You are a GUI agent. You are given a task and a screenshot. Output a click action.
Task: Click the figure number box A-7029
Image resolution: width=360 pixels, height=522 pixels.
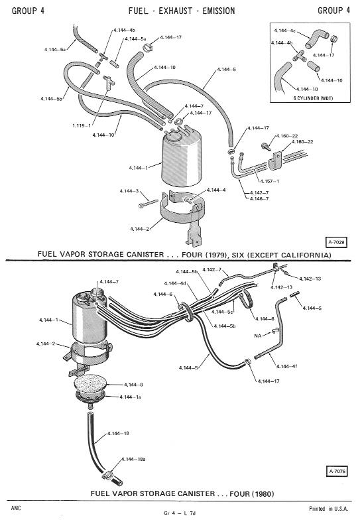coord(336,242)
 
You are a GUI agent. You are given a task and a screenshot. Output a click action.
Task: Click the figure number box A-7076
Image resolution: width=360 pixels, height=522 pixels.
coord(337,471)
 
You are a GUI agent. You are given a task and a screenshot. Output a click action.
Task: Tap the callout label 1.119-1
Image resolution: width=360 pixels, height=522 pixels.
coord(82,125)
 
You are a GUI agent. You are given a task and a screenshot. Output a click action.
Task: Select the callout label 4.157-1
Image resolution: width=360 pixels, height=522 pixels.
coord(269,181)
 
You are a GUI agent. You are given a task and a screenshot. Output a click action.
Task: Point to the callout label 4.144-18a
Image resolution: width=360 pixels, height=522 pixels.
coord(133,459)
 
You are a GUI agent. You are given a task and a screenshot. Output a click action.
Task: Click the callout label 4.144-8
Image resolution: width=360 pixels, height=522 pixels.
coord(133,385)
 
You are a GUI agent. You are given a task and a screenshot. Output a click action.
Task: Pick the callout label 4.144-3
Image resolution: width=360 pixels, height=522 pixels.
coord(129,191)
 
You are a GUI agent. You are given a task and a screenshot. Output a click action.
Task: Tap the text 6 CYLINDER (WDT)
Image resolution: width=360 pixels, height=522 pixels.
coord(313,98)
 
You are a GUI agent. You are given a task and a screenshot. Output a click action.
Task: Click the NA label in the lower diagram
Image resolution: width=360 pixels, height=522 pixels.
coord(257,336)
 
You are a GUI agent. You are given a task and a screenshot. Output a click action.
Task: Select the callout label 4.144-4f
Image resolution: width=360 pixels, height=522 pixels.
coord(286,366)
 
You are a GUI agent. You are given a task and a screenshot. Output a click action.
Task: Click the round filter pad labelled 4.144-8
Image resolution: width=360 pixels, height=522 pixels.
coord(90,384)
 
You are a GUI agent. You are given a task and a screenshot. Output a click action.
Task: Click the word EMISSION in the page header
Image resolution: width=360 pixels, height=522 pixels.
coord(219,11)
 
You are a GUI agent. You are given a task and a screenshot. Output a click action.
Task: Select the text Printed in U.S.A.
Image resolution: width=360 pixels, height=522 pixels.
coord(329,508)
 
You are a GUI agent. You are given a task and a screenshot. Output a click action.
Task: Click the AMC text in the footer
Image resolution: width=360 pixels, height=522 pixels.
coord(16,508)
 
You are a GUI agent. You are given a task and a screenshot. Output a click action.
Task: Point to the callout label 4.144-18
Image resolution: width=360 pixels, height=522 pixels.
coord(118,433)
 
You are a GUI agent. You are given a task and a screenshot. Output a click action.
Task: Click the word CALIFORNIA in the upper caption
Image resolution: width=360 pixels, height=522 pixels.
coord(306,255)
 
